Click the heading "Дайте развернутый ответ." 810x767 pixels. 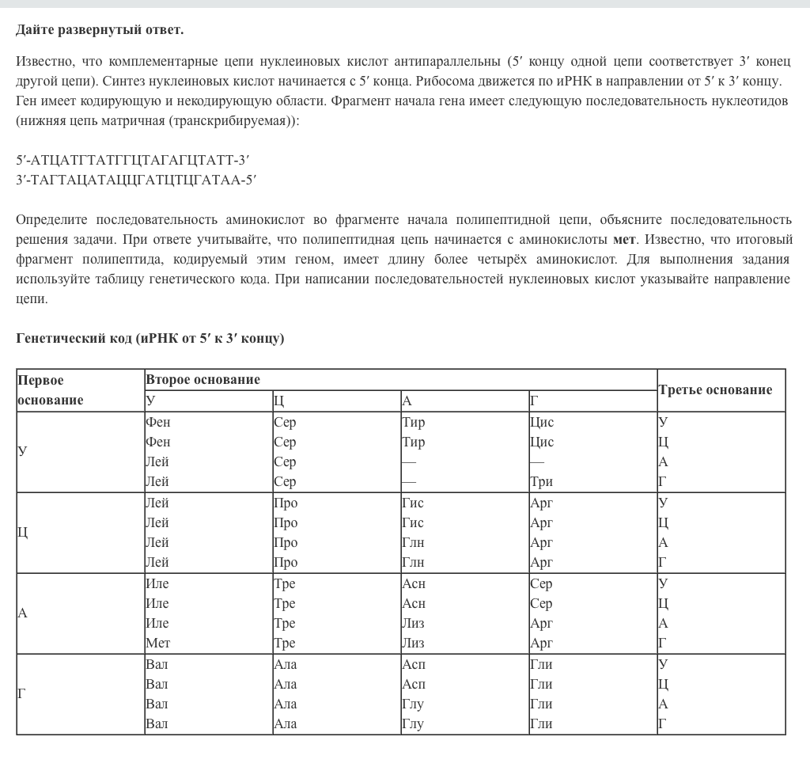[x=100, y=30]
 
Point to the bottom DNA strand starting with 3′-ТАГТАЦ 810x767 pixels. [x=136, y=180]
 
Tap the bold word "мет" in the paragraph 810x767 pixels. [x=624, y=239]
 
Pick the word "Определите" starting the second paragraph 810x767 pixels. [x=51, y=219]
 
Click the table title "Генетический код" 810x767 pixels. [x=74, y=338]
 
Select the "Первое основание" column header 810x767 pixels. [x=50, y=389]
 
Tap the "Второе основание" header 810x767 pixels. [x=202, y=379]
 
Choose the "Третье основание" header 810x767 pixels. [x=715, y=389]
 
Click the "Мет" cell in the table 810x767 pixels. [x=157, y=643]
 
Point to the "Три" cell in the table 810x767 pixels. [x=541, y=481]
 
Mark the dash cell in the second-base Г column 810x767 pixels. [x=537, y=461]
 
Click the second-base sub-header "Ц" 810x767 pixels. [x=278, y=401]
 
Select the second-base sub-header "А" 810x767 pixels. [x=407, y=401]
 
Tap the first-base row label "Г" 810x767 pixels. [x=22, y=694]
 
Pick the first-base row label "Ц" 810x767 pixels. [x=23, y=532]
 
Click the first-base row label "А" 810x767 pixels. [x=22, y=613]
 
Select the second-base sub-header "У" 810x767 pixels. [x=150, y=401]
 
